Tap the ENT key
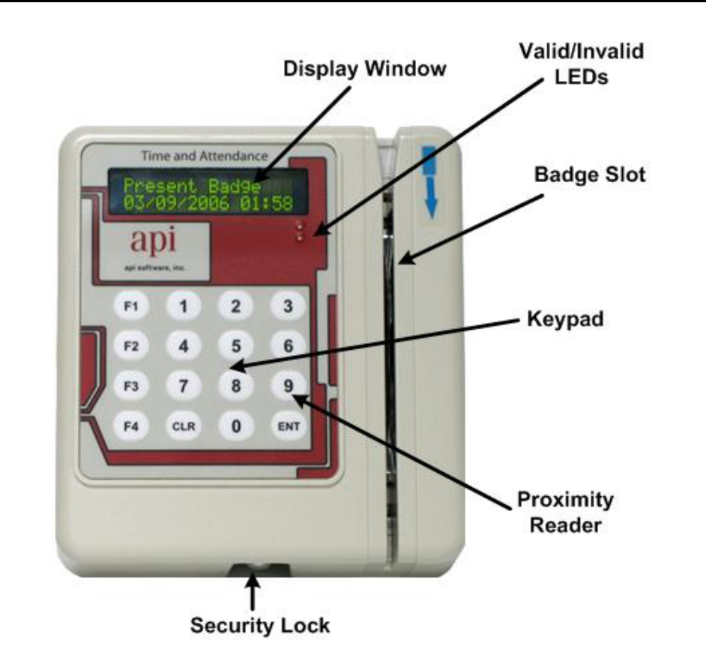[288, 426]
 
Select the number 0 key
[236, 426]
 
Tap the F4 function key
[132, 426]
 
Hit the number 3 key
[288, 306]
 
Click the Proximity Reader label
[566, 512]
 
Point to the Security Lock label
[259, 625]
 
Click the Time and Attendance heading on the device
[204, 157]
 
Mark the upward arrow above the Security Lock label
[254, 591]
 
